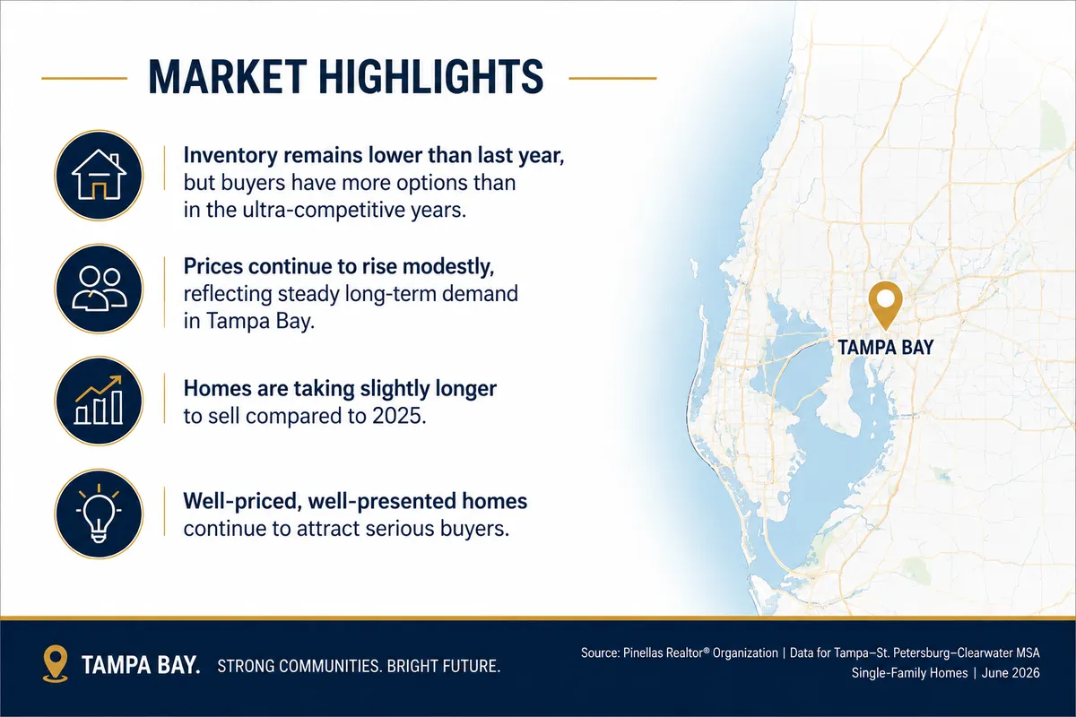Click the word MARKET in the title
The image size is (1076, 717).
[x=227, y=77]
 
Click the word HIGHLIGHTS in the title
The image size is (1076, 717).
[x=431, y=77]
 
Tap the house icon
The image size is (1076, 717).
[x=99, y=175]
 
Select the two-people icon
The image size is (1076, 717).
[x=99, y=289]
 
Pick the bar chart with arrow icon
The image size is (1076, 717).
[x=99, y=400]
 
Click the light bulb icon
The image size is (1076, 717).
[x=99, y=514]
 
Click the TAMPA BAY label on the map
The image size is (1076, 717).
[x=885, y=347]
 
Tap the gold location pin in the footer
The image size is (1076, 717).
[x=56, y=663]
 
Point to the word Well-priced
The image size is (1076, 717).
[x=243, y=501]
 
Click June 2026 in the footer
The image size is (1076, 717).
[x=1011, y=673]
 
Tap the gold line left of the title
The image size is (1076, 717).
[x=84, y=78]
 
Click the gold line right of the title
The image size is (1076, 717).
[x=612, y=78]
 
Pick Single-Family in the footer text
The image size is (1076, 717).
[x=883, y=673]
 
